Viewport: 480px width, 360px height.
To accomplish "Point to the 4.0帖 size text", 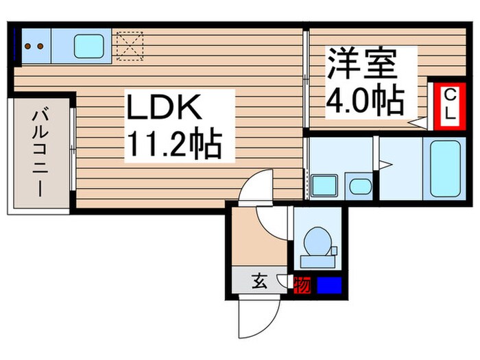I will [x=363, y=102].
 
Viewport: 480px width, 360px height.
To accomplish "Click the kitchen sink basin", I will [x=88, y=45].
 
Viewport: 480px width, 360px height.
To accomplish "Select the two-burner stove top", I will [x=35, y=46].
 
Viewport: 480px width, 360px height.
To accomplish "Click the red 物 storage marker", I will [x=301, y=283].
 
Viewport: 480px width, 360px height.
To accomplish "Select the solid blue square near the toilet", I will [x=328, y=283].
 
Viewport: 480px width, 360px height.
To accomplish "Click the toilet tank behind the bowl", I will [x=317, y=261].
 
